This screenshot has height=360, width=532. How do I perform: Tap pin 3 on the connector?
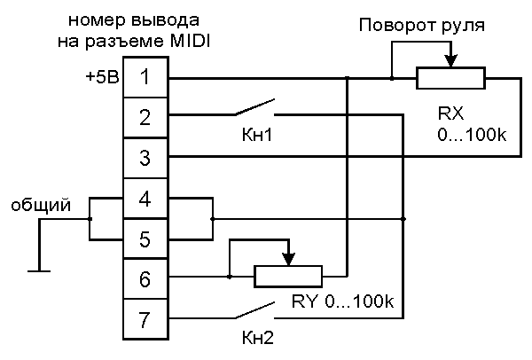click(145, 158)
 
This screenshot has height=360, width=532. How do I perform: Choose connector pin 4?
click(145, 198)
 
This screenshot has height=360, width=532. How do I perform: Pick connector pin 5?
click(145, 238)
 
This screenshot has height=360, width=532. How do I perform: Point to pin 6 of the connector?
click(145, 278)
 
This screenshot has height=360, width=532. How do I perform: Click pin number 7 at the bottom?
click(145, 317)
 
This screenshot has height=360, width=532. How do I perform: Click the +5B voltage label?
click(101, 77)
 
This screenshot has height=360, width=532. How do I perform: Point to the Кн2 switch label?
click(258, 337)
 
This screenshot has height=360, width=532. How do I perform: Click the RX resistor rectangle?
click(450, 79)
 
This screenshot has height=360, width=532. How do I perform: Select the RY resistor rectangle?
click(289, 277)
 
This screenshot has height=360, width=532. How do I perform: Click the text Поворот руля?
click(421, 25)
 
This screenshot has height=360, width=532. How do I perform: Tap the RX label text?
click(450, 115)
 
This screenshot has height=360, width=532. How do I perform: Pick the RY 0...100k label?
click(342, 302)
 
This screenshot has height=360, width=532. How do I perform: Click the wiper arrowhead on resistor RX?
click(450, 62)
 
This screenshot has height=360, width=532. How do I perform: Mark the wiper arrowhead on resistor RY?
click(289, 260)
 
